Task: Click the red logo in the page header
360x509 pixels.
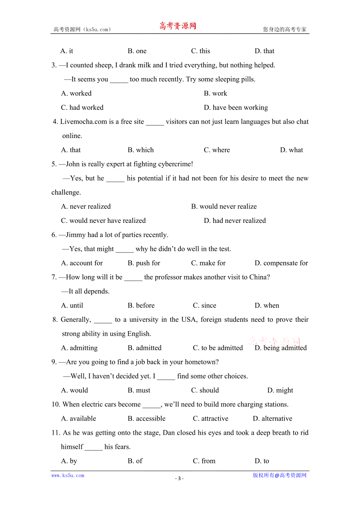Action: pyautogui.click(x=178, y=26)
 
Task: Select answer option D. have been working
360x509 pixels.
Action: pyautogui.click(x=236, y=108)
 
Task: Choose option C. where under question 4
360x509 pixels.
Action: pyautogui.click(x=217, y=150)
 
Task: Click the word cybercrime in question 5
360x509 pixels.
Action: pyautogui.click(x=175, y=164)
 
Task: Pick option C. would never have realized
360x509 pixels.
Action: pyautogui.click(x=103, y=220)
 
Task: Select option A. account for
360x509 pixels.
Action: pyautogui.click(x=82, y=263)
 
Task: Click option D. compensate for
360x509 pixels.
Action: pyautogui.click(x=281, y=263)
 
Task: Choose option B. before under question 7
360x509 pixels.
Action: pyautogui.click(x=141, y=305)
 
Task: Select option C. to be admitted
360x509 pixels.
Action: pyautogui.click(x=218, y=348)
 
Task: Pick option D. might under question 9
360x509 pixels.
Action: pyautogui.click(x=280, y=390)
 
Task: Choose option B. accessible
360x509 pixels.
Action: pyautogui.click(x=146, y=418)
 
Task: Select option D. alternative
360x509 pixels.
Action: pyautogui.click(x=272, y=418)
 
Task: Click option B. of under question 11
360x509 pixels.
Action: pyautogui.click(x=135, y=461)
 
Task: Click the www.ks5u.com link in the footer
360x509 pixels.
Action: pyautogui.click(x=68, y=475)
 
